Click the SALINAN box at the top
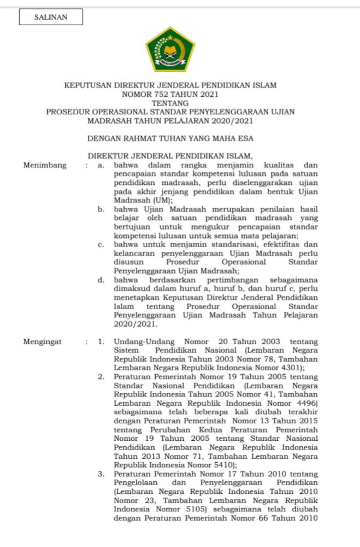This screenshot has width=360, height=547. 51,18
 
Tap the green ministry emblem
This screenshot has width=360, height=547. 170,49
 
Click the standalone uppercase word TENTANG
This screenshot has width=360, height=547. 170,102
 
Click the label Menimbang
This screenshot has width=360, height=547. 45,165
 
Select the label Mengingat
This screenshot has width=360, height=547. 43,342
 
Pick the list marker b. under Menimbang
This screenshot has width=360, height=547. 101,209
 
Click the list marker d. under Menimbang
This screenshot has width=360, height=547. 101,280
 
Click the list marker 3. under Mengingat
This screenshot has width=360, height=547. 102,474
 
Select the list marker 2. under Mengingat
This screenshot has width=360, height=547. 102,377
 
